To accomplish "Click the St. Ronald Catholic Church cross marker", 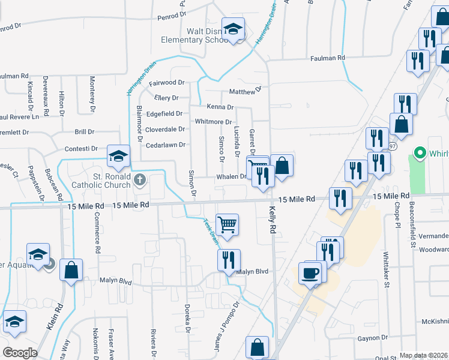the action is point(140,179).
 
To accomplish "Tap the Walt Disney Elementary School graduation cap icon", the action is point(233,28).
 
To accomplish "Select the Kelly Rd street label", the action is point(273,221).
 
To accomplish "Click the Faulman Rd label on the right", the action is point(328,58).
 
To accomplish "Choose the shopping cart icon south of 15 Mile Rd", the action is point(228,225).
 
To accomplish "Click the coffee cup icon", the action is point(310,273).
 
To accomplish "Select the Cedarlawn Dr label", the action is point(165,145).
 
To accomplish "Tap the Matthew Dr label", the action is point(246,91).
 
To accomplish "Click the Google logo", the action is point(20,352).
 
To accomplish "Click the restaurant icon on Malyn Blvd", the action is point(229,260).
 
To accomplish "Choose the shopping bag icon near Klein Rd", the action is point(71,270).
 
